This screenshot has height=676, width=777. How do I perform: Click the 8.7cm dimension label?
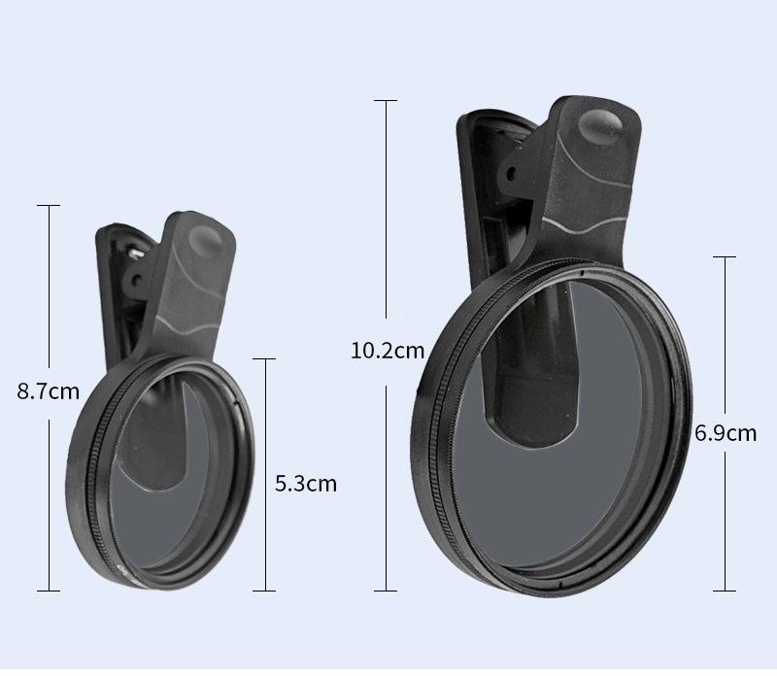pyautogui.click(x=48, y=391)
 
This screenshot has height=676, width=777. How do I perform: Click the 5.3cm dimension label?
pyautogui.click(x=306, y=484)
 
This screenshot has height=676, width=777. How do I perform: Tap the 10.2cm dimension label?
pyautogui.click(x=388, y=351)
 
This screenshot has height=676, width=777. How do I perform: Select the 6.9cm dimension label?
pyautogui.click(x=726, y=433)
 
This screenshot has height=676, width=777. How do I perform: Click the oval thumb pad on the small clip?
pyautogui.click(x=205, y=241)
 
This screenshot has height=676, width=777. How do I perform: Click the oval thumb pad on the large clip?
pyautogui.click(x=600, y=125)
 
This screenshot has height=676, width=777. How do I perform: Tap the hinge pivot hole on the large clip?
pyautogui.click(x=512, y=174)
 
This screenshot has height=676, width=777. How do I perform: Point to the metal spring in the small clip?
pyautogui.click(x=136, y=253)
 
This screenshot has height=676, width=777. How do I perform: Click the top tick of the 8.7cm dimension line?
pyautogui.click(x=49, y=205)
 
